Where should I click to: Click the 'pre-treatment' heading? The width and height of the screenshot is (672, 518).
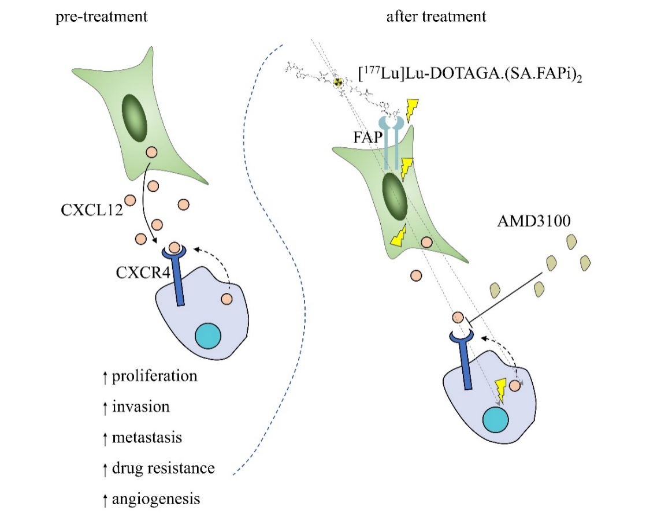point(101,16)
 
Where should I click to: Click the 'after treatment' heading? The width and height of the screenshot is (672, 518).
point(436,16)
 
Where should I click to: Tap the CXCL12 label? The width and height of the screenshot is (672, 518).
point(91,210)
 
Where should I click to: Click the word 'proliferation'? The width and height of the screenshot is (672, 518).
point(154,377)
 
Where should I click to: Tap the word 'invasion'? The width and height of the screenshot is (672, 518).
point(141,407)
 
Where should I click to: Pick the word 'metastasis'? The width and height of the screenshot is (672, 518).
point(147,437)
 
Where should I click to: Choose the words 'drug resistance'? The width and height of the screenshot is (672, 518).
point(164,468)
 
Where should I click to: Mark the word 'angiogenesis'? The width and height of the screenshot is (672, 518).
point(156,498)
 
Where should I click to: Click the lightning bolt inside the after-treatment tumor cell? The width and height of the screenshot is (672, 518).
point(500,390)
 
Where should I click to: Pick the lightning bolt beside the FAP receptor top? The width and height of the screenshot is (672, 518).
point(413,110)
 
